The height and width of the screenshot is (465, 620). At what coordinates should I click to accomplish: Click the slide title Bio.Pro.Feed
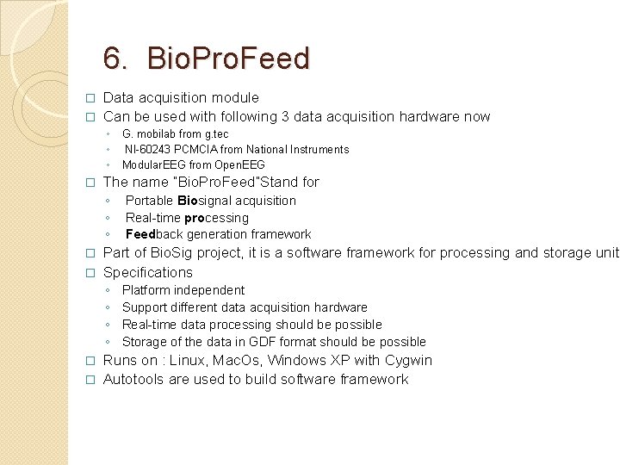point(228,59)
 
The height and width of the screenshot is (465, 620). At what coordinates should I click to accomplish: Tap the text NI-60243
point(148,150)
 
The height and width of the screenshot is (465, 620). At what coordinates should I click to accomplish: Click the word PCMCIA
point(197,150)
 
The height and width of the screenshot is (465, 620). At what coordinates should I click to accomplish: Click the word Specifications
point(147,272)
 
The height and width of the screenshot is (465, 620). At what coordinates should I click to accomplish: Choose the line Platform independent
point(183,290)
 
